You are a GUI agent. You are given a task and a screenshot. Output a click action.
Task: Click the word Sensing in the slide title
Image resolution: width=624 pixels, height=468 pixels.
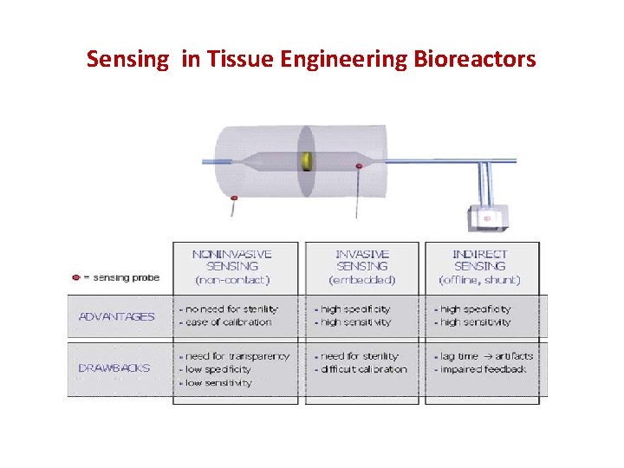[128, 60]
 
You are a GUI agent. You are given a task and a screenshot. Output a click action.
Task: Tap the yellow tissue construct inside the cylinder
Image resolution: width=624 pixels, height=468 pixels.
[306, 161]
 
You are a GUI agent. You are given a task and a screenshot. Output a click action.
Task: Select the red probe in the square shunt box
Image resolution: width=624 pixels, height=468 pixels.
[486, 218]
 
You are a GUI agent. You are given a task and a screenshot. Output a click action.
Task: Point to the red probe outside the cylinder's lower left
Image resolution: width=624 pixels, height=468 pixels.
[232, 199]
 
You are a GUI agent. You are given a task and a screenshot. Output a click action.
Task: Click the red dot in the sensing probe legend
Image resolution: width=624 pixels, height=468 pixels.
[75, 278]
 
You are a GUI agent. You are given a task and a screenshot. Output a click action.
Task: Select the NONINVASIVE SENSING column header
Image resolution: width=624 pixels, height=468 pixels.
[232, 267]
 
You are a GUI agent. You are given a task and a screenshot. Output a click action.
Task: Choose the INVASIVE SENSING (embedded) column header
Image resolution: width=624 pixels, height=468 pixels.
[362, 267]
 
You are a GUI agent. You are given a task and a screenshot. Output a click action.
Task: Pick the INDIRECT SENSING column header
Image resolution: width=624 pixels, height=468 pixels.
[480, 267]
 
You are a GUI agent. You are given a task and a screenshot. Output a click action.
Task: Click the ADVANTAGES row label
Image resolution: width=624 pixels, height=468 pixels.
[117, 316]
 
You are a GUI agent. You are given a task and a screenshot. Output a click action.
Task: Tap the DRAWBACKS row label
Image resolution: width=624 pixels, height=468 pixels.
[114, 367]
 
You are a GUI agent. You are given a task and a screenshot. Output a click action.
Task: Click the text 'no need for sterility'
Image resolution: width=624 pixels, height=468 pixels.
[228, 309]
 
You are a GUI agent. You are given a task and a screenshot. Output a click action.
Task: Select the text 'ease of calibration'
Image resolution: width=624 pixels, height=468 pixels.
[227, 322]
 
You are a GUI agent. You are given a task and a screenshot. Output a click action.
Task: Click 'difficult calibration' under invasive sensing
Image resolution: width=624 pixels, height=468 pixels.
[362, 369]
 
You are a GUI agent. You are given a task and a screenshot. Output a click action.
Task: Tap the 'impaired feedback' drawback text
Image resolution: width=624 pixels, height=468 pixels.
[483, 369]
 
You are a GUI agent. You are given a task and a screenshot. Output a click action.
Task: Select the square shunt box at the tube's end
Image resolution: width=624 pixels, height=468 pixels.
[486, 218]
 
